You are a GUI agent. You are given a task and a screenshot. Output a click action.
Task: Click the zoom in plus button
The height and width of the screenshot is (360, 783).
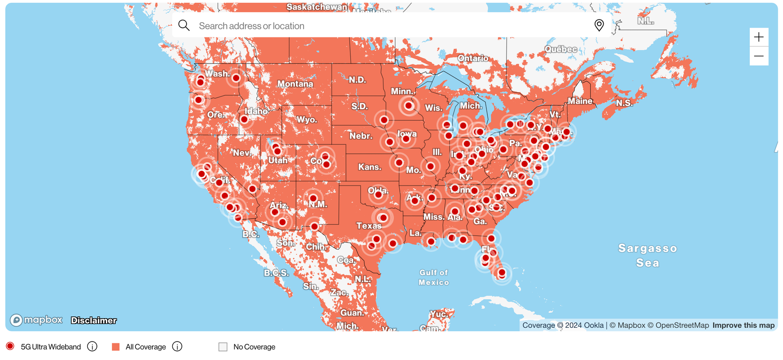pyautogui.click(x=759, y=37)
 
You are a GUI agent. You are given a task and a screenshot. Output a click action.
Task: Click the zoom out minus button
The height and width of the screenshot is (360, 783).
pyautogui.click(x=759, y=56)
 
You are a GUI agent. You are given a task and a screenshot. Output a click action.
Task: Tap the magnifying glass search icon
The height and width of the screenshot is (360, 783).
pyautogui.click(x=184, y=26)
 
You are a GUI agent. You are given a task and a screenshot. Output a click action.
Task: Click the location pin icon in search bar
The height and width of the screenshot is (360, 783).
pyautogui.click(x=599, y=25)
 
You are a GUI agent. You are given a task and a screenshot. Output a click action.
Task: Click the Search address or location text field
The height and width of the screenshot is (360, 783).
pyautogui.click(x=380, y=26)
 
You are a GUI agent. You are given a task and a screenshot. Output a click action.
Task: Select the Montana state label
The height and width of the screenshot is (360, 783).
pyautogui.click(x=295, y=84)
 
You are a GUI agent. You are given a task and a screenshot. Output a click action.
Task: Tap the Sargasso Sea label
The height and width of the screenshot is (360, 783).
pyautogui.click(x=647, y=255)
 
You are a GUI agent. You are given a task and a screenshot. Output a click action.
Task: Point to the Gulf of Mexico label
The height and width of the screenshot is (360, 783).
pyautogui.click(x=433, y=277)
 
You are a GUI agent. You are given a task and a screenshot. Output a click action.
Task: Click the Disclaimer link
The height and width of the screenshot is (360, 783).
pyautogui.click(x=93, y=320)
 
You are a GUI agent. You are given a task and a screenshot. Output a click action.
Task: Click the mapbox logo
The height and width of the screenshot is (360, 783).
pyautogui.click(x=37, y=320)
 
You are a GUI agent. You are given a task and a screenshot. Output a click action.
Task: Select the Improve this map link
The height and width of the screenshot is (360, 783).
pyautogui.click(x=743, y=325)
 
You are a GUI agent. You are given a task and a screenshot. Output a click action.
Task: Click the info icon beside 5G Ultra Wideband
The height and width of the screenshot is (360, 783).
pyautogui.click(x=93, y=347)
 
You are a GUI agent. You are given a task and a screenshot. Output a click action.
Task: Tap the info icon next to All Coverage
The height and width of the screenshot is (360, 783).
pyautogui.click(x=177, y=347)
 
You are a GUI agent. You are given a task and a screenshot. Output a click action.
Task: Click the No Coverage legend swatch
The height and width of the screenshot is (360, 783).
pyautogui.click(x=223, y=347)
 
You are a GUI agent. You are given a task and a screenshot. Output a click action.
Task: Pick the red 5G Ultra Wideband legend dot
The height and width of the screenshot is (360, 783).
pyautogui.click(x=10, y=346)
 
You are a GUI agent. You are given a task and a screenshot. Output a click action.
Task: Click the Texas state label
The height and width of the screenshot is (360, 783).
pyautogui.click(x=368, y=226)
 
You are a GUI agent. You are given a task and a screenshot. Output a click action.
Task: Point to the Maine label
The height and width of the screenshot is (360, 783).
pyautogui.click(x=580, y=101)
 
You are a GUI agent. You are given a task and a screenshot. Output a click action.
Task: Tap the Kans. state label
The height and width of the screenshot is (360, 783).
pyautogui.click(x=369, y=167)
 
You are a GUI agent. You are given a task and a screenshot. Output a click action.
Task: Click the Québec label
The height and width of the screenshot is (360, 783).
pyautogui.click(x=560, y=49)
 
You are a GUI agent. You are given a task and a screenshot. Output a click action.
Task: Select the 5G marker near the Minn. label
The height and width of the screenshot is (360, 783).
pyautogui.click(x=409, y=105)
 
